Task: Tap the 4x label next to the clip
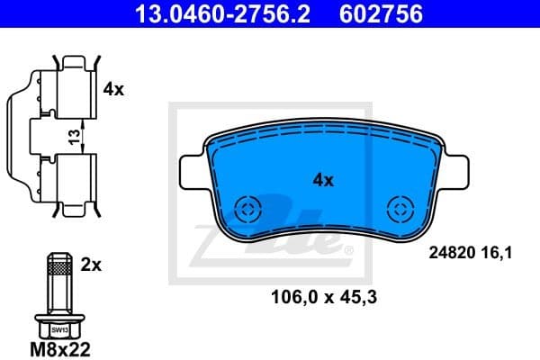(113, 90)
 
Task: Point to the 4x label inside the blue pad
(322, 180)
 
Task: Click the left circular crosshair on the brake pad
(246, 210)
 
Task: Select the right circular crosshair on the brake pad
(398, 210)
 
